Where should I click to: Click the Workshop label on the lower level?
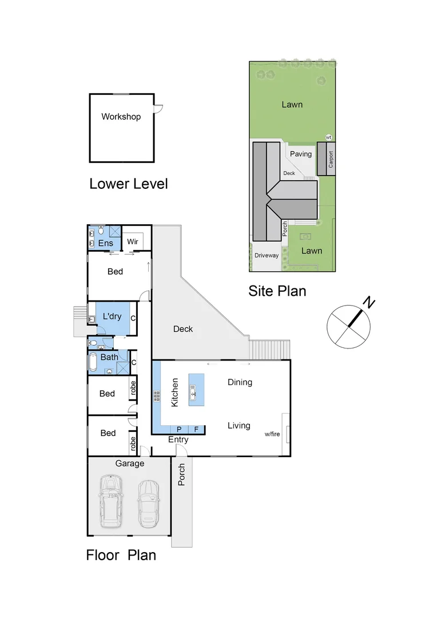click(x=121, y=117)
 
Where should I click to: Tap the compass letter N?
click(x=370, y=303)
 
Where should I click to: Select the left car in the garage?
click(x=110, y=502)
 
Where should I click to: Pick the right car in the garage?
click(x=148, y=504)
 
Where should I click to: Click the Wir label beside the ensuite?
click(x=133, y=242)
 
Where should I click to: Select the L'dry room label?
click(x=112, y=316)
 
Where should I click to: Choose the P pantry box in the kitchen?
click(x=178, y=429)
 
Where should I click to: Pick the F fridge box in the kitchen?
click(x=196, y=429)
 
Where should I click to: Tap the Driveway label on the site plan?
click(x=267, y=255)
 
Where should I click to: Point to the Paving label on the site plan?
click(x=300, y=154)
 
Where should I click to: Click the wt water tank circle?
click(x=328, y=137)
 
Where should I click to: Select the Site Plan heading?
click(x=277, y=291)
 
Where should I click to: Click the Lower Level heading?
click(x=128, y=184)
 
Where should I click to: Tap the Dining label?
click(x=240, y=382)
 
